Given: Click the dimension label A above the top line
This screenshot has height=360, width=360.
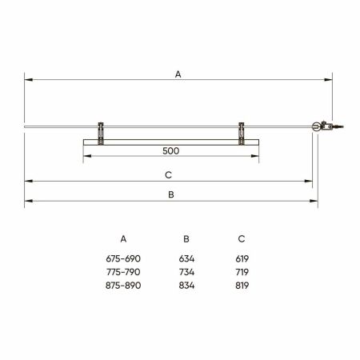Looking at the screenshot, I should pos(178,74).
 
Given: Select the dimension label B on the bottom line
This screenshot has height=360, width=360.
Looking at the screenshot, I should pos(171,194).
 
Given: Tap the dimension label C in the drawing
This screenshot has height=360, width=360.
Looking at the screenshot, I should pos(169,174).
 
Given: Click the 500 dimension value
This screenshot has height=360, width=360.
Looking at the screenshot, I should pos(170,150).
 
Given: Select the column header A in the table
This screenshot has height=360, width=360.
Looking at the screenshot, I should pos(122,238).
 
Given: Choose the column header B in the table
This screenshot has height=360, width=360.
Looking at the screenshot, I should pos(186,238).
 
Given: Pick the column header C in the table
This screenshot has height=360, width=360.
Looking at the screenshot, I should pos(242,238).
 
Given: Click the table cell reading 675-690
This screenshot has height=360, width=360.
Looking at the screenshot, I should pos(122,258).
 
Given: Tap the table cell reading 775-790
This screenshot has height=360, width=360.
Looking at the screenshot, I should pos(122,272).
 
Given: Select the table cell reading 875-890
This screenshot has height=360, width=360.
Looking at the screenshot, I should pos(122,286).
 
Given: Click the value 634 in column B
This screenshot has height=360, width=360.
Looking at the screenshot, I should pos(186,258).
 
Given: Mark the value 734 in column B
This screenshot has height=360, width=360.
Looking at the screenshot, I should pos(186,272).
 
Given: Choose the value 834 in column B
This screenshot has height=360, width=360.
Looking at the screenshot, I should pos(186,286).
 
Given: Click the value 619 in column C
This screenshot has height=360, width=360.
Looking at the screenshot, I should pos(242,258).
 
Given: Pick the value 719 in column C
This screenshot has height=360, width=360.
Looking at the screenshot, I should pos(242,272).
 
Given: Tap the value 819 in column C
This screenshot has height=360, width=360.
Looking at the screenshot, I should pos(242,286).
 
